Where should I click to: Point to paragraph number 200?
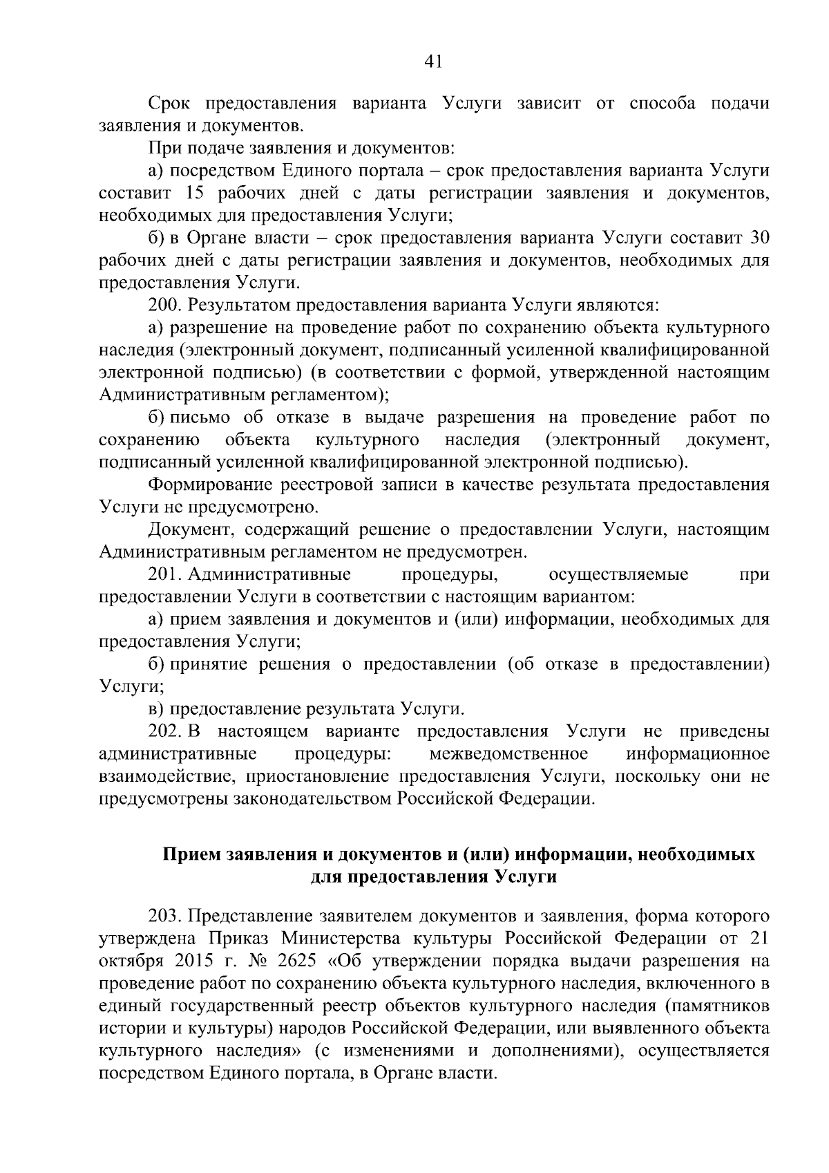point(164,305)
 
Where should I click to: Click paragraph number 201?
point(164,574)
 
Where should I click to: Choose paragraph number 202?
point(164,731)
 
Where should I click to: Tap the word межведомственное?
point(508,753)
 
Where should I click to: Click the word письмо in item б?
point(199,417)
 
